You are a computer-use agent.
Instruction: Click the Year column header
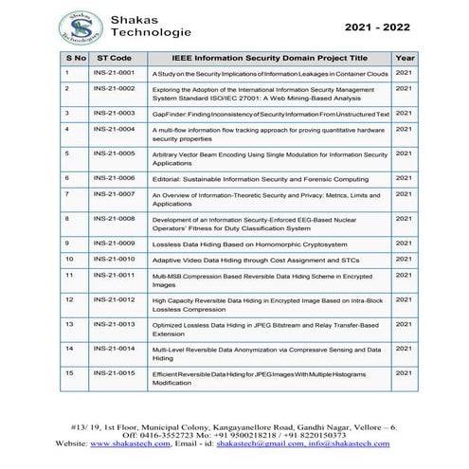(x=403, y=57)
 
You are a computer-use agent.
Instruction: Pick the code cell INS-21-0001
(x=114, y=72)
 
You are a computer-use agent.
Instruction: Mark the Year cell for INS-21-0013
(x=403, y=323)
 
